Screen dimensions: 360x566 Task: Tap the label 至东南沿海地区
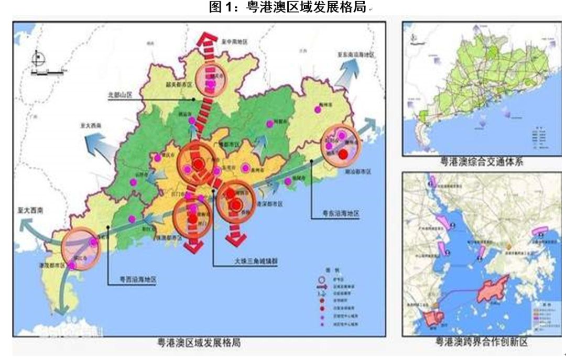(356, 55)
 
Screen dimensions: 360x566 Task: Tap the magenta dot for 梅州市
(317, 109)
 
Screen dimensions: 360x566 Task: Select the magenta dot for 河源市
(270, 124)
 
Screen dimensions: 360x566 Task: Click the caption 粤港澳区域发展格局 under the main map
(199, 343)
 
